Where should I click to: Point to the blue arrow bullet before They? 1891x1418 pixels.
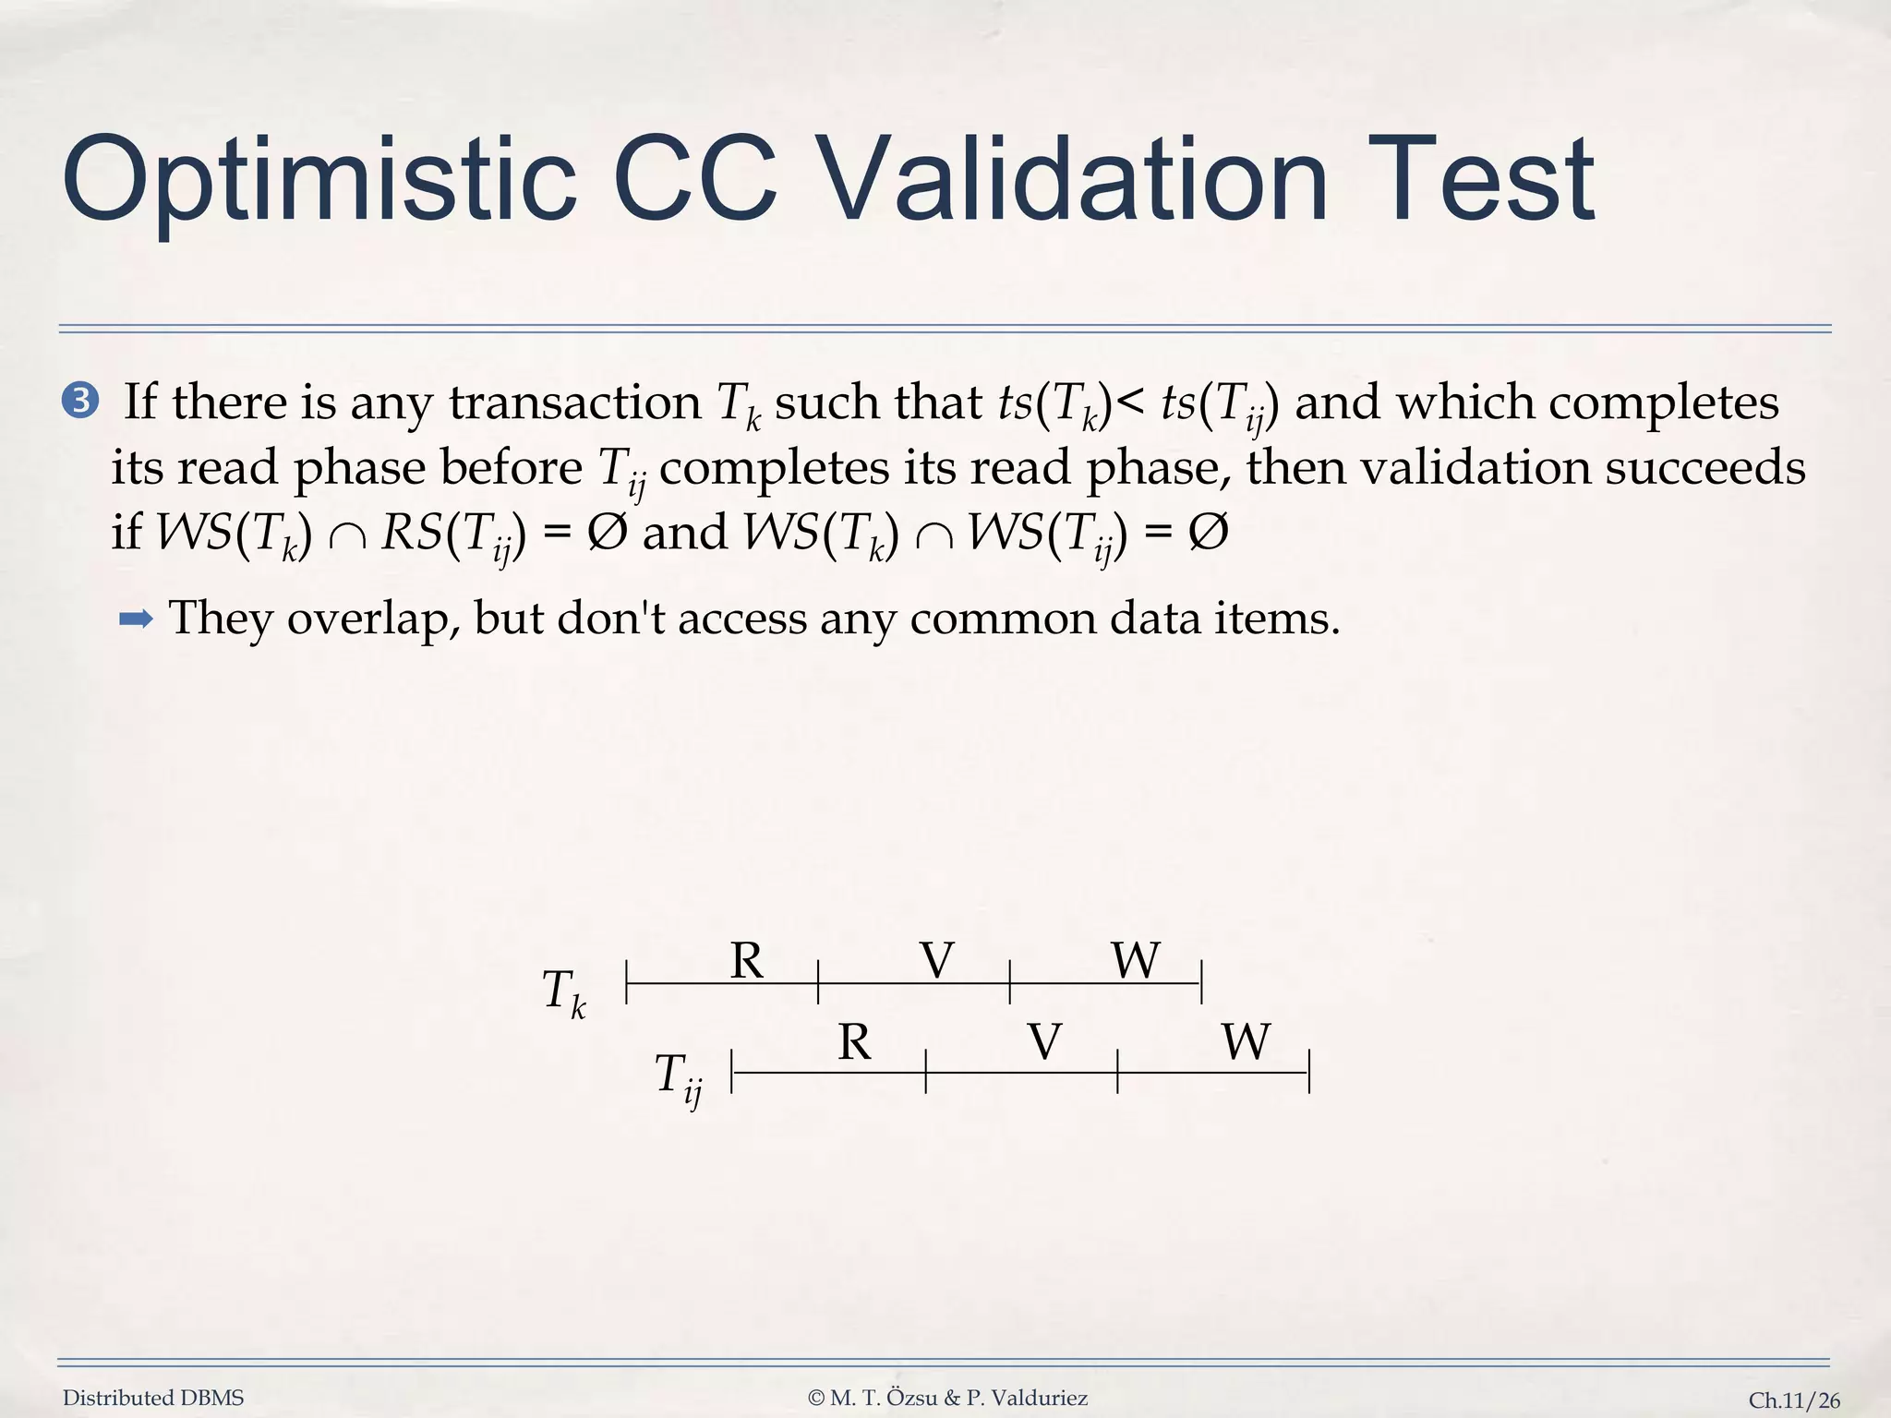137,619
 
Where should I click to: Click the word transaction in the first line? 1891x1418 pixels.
574,403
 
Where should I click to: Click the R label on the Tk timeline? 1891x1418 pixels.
746,961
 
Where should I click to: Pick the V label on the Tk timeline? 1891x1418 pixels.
936,961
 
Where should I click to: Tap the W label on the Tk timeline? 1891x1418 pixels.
1135,961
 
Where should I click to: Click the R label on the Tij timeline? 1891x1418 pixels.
854,1042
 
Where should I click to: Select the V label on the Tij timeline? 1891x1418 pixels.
1044,1042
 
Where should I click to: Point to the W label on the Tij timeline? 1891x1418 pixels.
1246,1042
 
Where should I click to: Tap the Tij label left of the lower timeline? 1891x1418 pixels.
678,1077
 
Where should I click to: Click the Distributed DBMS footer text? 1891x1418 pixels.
153,1398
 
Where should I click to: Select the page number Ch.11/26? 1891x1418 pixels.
1794,1400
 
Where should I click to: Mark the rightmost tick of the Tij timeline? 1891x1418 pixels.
1309,1072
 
